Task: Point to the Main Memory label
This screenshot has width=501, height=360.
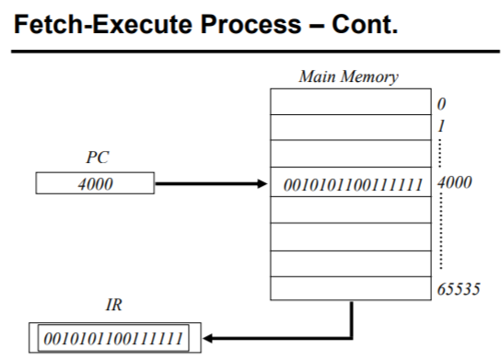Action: point(348,76)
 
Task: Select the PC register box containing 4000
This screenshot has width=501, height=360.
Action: point(95,183)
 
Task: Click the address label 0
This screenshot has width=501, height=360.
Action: point(442,104)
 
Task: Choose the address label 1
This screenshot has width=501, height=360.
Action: point(441,124)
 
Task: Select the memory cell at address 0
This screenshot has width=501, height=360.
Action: point(350,101)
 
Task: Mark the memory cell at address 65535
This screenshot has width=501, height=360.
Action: point(350,287)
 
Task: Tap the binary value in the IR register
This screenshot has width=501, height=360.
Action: point(111,336)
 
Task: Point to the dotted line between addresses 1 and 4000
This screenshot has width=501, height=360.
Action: point(439,152)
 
